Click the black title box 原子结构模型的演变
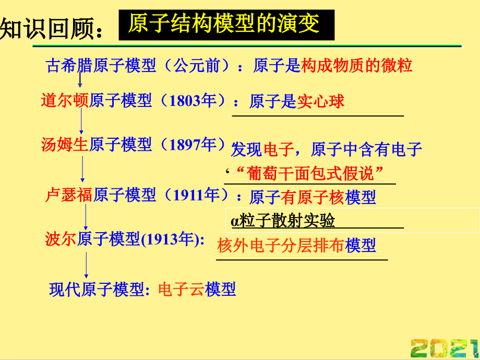(x=226, y=25)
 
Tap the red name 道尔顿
(x=65, y=100)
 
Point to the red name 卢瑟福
(x=69, y=195)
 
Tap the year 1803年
(x=194, y=100)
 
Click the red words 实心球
(x=321, y=101)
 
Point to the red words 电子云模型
(x=197, y=289)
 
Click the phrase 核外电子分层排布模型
(x=296, y=245)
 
